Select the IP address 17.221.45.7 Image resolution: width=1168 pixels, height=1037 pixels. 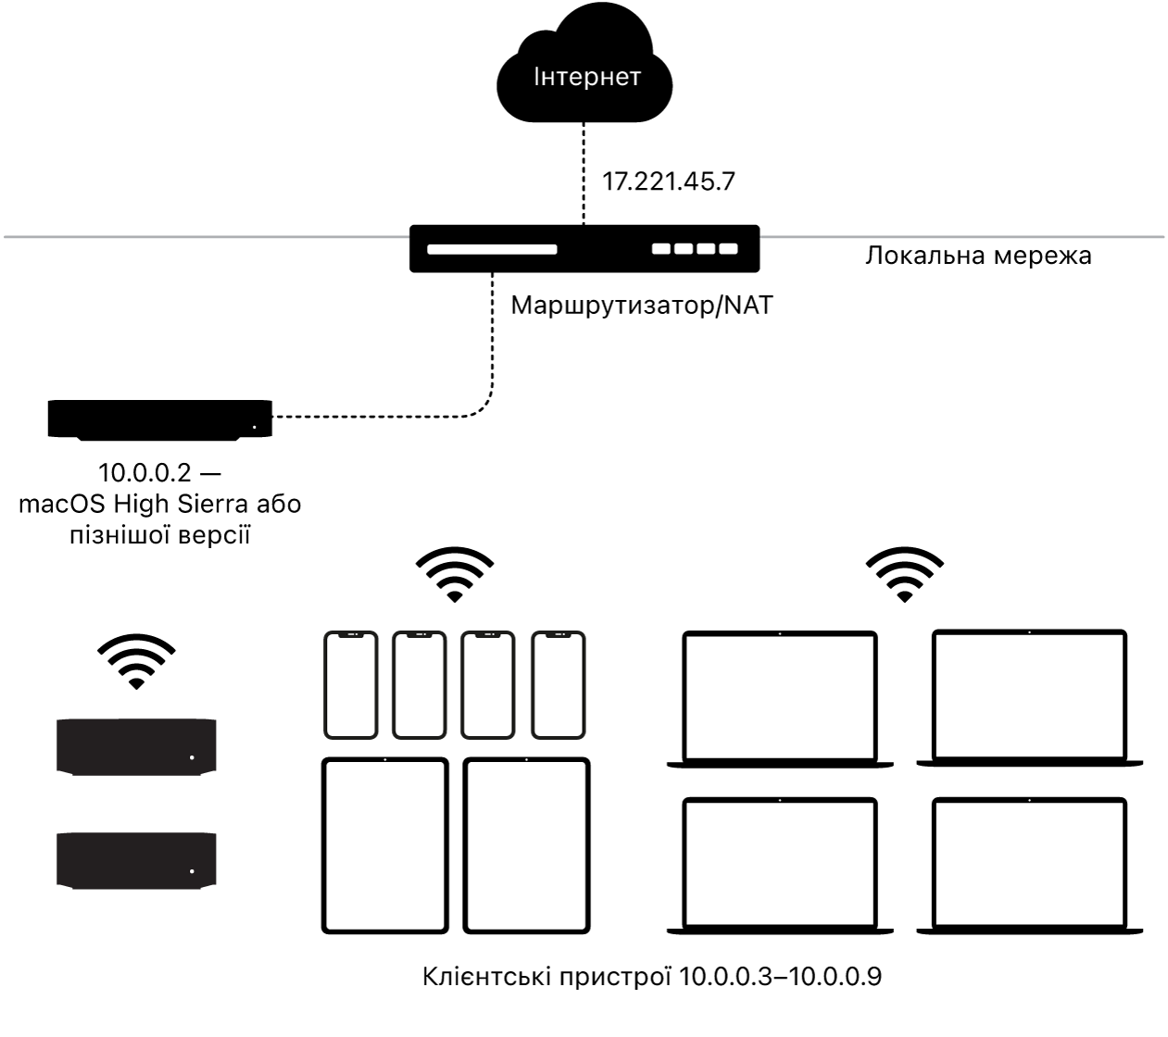pos(668,181)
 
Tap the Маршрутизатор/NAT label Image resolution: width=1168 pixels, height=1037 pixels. pos(641,305)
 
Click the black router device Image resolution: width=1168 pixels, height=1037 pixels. pos(584,248)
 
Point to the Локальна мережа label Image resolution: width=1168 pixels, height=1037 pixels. pos(977,256)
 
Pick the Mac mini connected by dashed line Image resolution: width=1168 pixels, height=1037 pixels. pos(159,419)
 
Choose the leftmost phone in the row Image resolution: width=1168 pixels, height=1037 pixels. pos(351,685)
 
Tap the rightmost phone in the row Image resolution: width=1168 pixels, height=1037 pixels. pos(559,685)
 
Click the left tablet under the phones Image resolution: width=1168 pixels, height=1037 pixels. pos(385,845)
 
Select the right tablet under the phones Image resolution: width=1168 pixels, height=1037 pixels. pos(526,845)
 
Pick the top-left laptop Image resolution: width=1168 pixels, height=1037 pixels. pos(779,699)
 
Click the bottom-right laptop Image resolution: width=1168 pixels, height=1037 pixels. pos(1029,864)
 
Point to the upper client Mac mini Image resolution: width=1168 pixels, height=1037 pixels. pos(137,746)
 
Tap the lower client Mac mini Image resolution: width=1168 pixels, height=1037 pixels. pos(137,860)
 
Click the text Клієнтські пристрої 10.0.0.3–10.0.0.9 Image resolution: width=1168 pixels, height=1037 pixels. pos(652,977)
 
